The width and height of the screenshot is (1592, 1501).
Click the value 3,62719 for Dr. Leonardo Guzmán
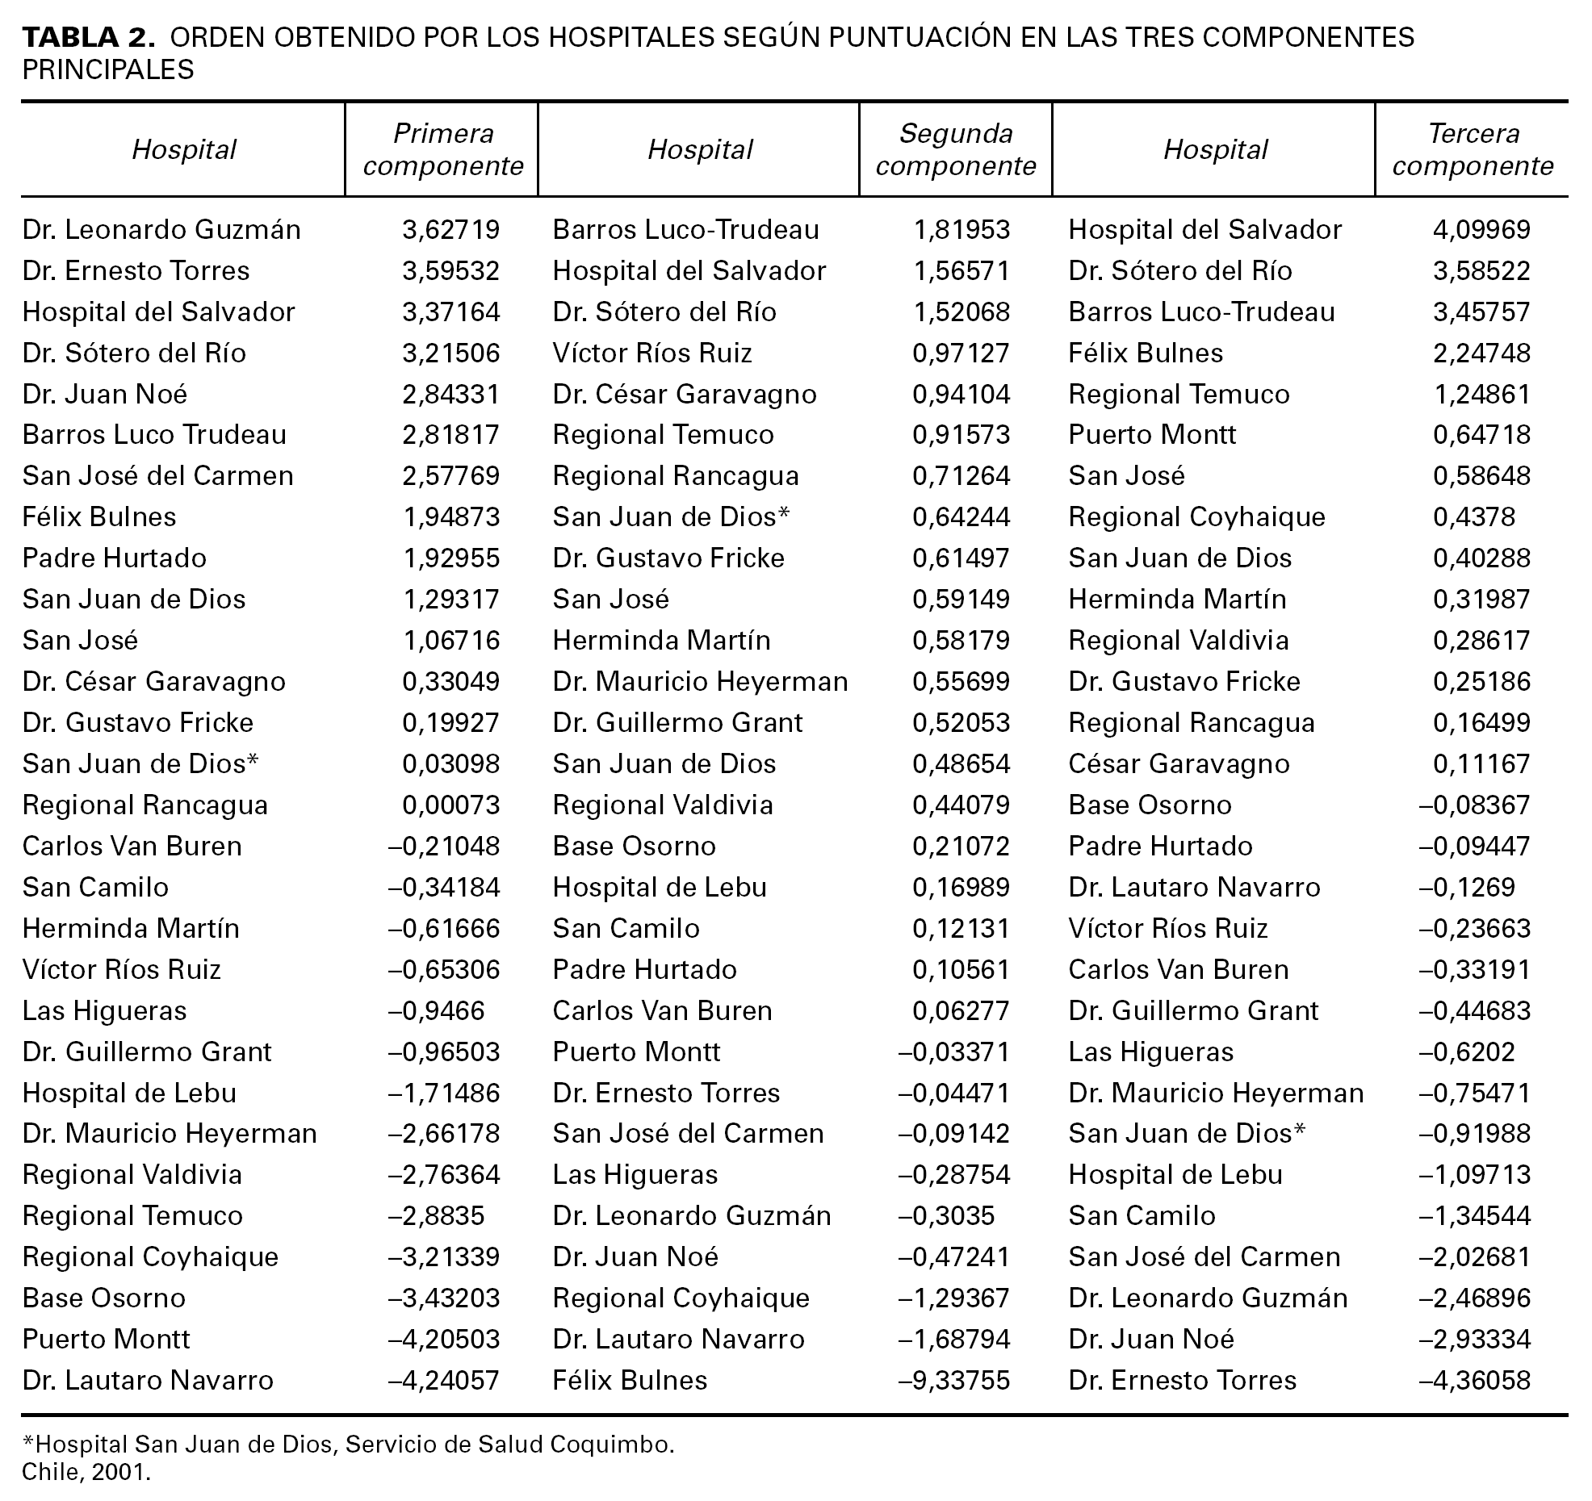click(x=450, y=230)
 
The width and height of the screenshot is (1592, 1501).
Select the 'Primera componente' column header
click(x=443, y=149)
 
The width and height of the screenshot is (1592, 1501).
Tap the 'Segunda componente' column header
click(x=956, y=149)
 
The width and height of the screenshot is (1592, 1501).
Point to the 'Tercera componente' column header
click(x=1473, y=149)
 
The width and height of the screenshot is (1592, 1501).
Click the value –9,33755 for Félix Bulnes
click(x=953, y=1380)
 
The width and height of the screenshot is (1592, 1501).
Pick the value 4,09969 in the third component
click(x=1481, y=230)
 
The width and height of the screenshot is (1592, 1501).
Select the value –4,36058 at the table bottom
click(x=1474, y=1380)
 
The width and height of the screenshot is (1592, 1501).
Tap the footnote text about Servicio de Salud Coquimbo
click(x=348, y=1444)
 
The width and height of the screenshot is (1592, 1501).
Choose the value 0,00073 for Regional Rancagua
click(x=450, y=805)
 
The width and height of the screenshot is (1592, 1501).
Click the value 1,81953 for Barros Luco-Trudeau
click(x=961, y=230)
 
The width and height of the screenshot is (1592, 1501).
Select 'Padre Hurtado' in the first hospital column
click(x=115, y=558)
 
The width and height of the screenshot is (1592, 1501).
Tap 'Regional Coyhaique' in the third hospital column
click(x=1196, y=516)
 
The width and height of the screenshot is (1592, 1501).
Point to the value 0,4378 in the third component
click(x=1473, y=516)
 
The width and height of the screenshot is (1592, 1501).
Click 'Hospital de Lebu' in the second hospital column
click(x=660, y=887)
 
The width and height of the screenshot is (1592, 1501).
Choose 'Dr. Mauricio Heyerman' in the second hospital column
click(x=700, y=681)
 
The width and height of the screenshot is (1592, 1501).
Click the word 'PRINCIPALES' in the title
click(x=108, y=70)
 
